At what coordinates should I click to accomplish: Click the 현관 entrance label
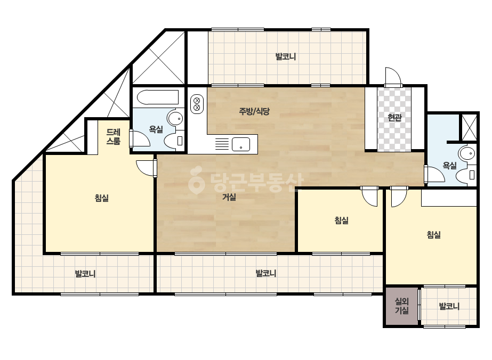pyautogui.click(x=394, y=118)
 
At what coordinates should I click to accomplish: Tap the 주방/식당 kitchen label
pyautogui.click(x=254, y=111)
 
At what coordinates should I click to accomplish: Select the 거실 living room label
pyautogui.click(x=229, y=197)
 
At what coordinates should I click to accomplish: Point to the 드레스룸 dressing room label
pyautogui.click(x=114, y=136)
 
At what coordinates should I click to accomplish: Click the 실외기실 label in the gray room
pyautogui.click(x=401, y=306)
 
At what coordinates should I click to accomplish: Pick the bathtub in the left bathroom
pyautogui.click(x=158, y=97)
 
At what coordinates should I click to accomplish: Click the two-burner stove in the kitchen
pyautogui.click(x=197, y=104)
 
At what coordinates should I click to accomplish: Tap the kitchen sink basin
pyautogui.click(x=241, y=144)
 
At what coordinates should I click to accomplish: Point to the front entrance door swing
pyautogui.click(x=393, y=77)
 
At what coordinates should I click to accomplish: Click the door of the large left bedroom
pyautogui.click(x=146, y=168)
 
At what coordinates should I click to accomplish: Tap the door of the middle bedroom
pyautogui.click(x=369, y=196)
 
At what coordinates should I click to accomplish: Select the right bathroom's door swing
pyautogui.click(x=434, y=174)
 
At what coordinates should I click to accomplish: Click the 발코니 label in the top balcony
pyautogui.click(x=286, y=57)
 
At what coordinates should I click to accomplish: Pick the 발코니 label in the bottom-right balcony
pyautogui.click(x=449, y=306)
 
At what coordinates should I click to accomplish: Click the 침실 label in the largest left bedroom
pyautogui.click(x=102, y=198)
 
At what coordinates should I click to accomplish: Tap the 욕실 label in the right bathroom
pyautogui.click(x=450, y=166)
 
